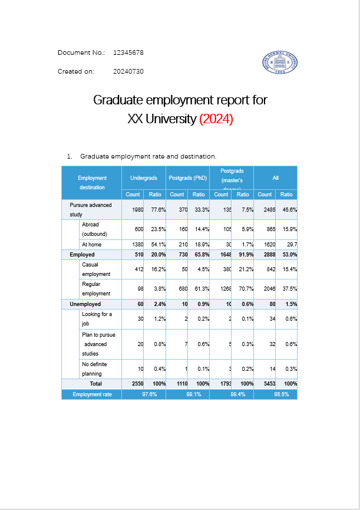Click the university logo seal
(280, 62)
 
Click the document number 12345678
(128, 52)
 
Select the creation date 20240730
(128, 71)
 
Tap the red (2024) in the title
(216, 119)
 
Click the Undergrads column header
(143, 177)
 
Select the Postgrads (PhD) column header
(187, 177)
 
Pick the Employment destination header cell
(92, 182)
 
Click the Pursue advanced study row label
(90, 209)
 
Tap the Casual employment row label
(96, 269)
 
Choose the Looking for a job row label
(97, 318)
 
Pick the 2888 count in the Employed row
(266, 255)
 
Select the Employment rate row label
(92, 394)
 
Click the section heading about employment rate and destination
(148, 156)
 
